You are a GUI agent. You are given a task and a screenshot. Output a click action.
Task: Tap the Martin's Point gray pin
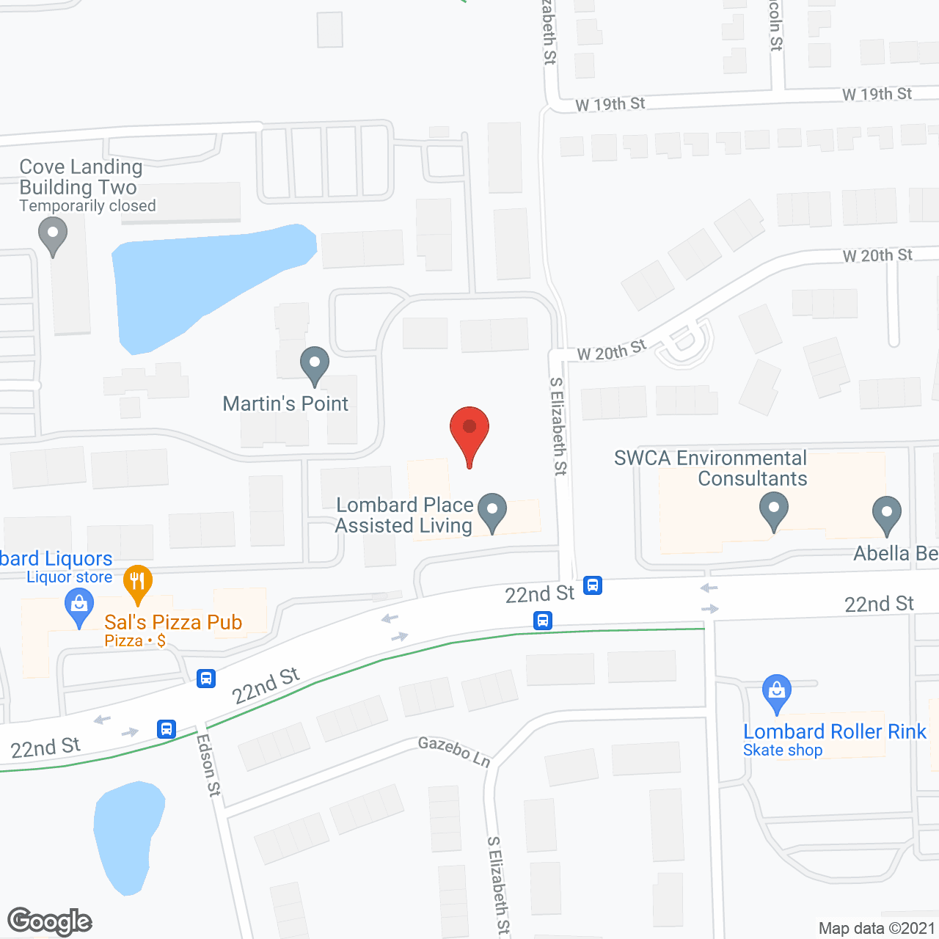pyautogui.click(x=315, y=365)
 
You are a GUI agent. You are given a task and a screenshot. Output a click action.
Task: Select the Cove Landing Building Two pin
pyautogui.click(x=53, y=235)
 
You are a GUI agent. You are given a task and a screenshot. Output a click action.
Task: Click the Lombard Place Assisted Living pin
pyautogui.click(x=492, y=511)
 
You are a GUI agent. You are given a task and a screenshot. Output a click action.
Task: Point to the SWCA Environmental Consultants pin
pyautogui.click(x=773, y=511)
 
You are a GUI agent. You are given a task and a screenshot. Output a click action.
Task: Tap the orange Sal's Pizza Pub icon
pyautogui.click(x=137, y=582)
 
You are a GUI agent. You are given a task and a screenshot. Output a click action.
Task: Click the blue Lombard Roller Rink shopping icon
pyautogui.click(x=776, y=693)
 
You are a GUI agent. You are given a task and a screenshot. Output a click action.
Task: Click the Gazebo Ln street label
pyautogui.click(x=453, y=752)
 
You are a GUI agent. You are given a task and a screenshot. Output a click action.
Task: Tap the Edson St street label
pyautogui.click(x=208, y=765)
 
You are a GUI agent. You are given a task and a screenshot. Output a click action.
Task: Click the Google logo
pyautogui.click(x=50, y=921)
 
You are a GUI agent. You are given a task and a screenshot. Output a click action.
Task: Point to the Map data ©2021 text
pyautogui.click(x=877, y=928)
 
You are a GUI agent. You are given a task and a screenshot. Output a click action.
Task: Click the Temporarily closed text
pyautogui.click(x=88, y=206)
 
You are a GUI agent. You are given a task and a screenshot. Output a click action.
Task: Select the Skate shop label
pyautogui.click(x=783, y=750)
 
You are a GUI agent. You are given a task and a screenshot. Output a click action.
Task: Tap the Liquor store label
pyautogui.click(x=70, y=577)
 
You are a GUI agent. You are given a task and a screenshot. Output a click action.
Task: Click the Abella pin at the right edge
pyautogui.click(x=887, y=514)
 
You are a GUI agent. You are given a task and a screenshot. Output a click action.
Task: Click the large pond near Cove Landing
pyautogui.click(x=205, y=282)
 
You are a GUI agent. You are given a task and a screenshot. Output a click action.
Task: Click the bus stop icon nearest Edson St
pyautogui.click(x=167, y=729)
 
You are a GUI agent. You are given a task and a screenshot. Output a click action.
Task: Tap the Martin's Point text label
pyautogui.click(x=285, y=403)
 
